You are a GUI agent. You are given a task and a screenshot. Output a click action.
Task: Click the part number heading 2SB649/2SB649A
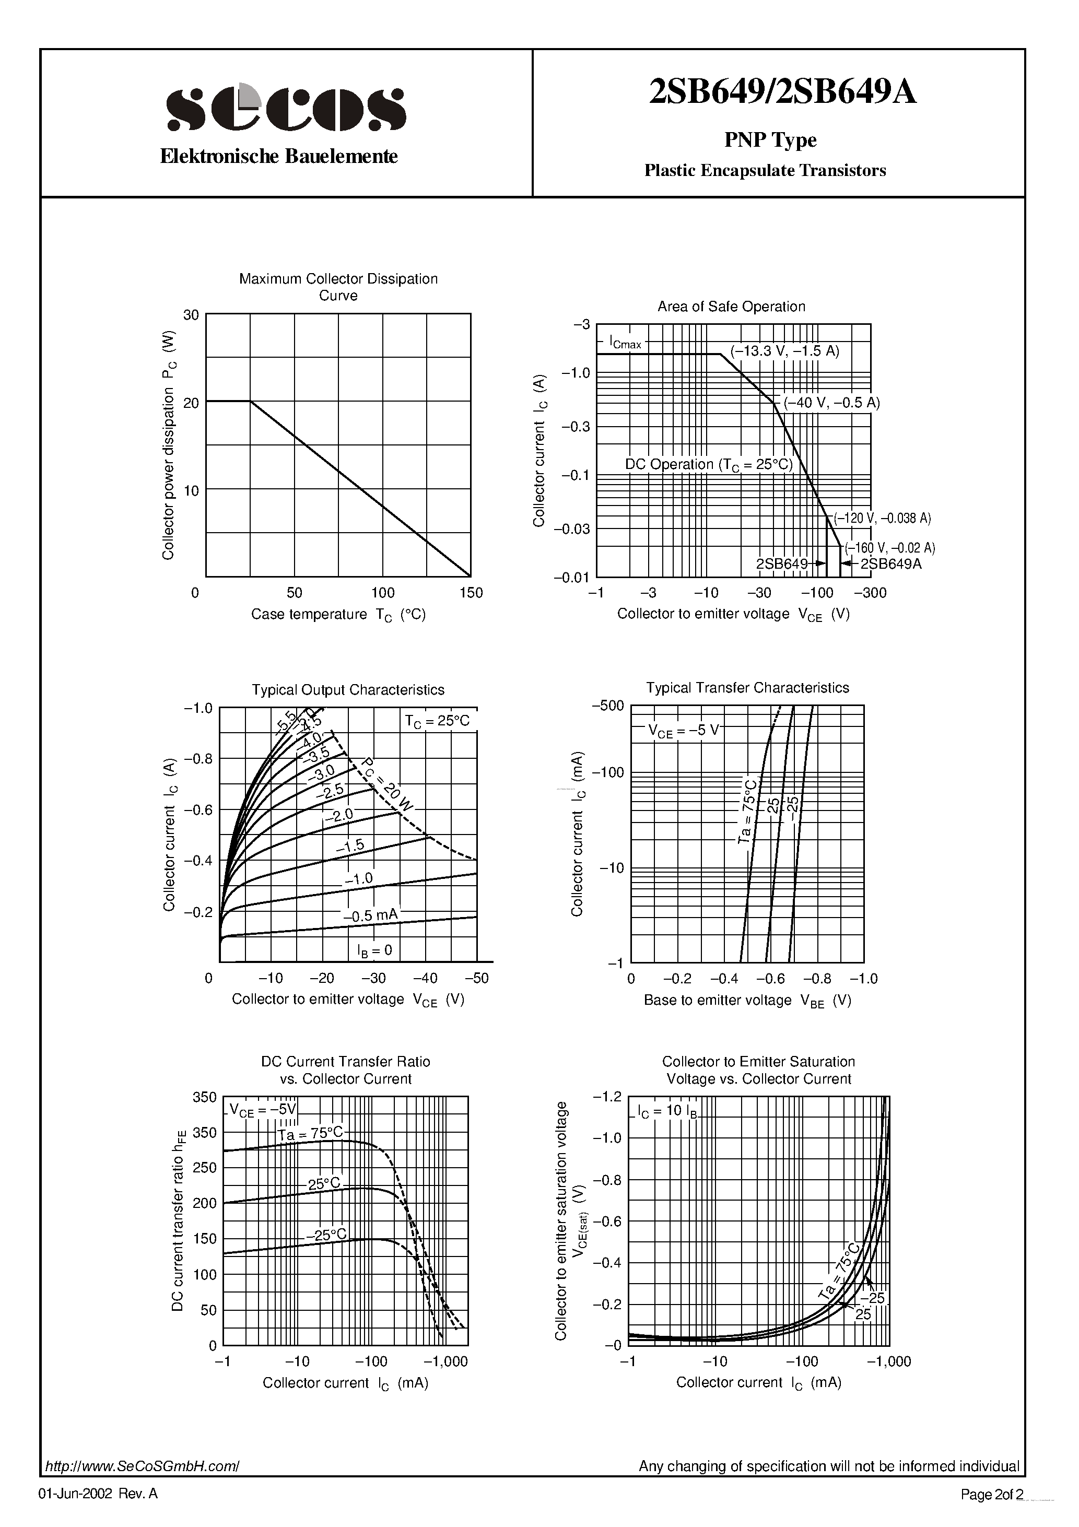782,92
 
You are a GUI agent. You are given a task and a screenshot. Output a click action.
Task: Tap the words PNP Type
770,139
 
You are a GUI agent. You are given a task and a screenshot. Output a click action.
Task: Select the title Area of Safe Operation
731,307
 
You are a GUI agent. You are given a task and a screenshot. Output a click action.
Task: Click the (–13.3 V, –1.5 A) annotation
785,351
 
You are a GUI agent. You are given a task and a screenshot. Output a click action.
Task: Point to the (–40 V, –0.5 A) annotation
831,402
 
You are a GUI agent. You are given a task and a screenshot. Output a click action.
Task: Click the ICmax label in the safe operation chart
625,343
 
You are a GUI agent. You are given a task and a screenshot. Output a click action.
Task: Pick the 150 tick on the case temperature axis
471,593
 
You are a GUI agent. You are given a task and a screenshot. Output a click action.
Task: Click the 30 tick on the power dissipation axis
191,314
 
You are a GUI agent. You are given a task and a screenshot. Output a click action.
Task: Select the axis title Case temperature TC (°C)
338,615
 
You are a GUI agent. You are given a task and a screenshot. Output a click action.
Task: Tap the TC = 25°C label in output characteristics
437,721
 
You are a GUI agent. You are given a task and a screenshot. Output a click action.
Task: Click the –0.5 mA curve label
370,916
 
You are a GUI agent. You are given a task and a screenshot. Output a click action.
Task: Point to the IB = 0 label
374,950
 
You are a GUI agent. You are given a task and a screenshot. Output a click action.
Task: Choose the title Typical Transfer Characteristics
747,688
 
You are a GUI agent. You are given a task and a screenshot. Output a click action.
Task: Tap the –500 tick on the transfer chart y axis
607,706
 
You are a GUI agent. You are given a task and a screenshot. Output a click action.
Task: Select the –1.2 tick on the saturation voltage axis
607,1096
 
